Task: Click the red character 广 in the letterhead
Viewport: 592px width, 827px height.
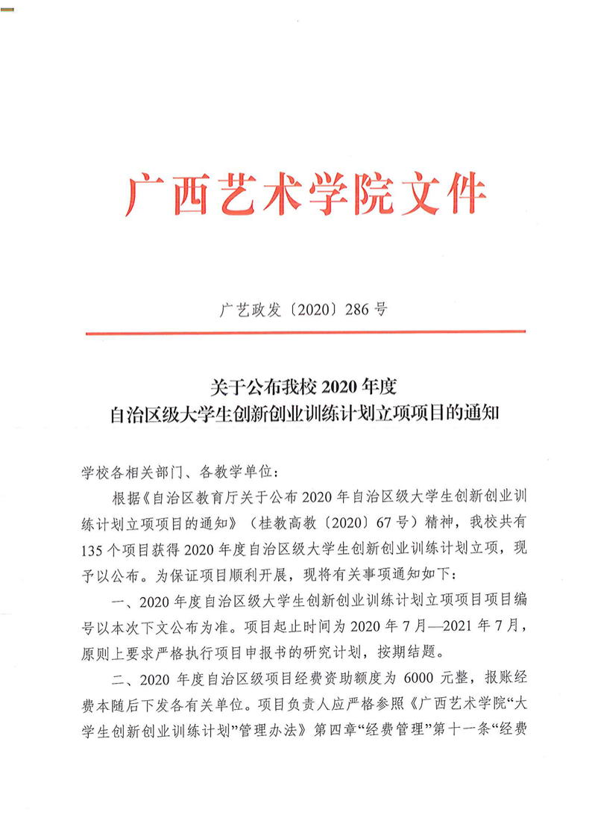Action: (x=141, y=196)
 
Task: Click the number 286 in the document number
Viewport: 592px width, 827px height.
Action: (x=356, y=309)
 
